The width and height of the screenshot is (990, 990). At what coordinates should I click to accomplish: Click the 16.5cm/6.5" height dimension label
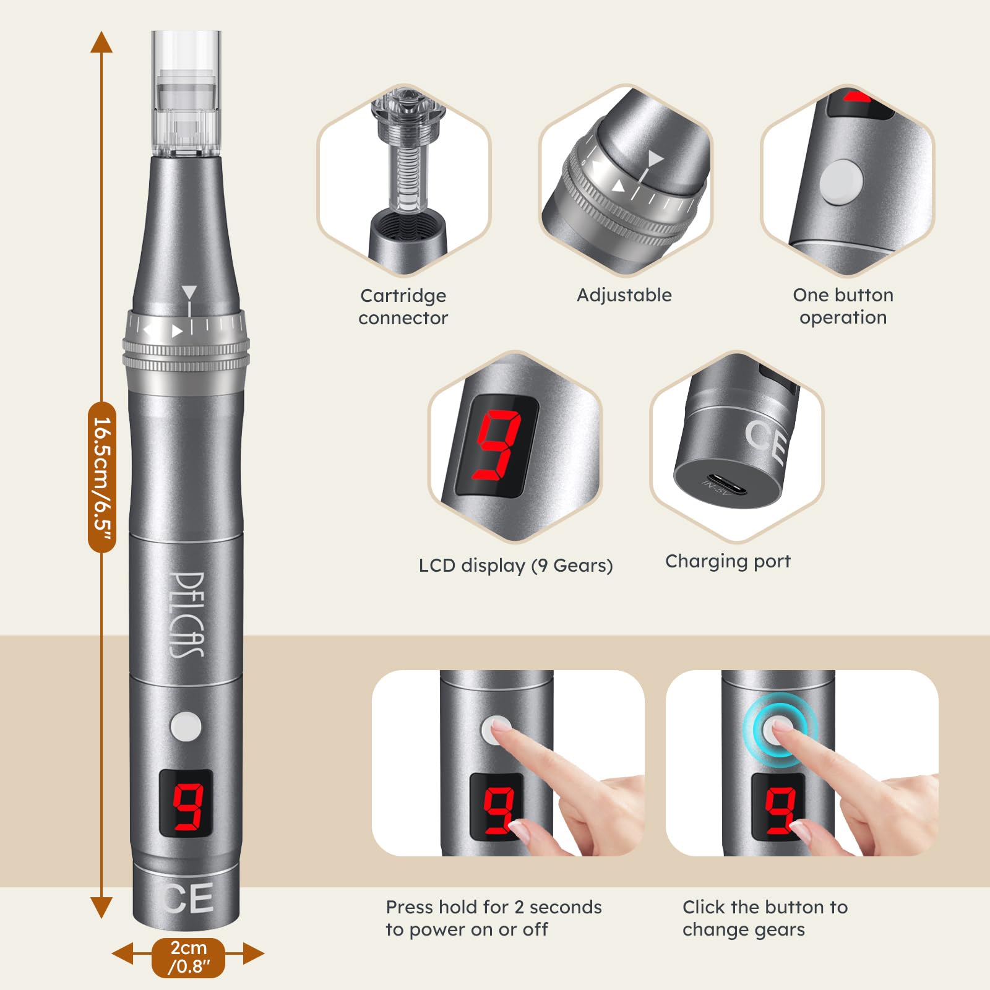click(x=102, y=476)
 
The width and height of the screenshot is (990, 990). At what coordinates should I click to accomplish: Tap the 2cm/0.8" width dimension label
click(x=189, y=957)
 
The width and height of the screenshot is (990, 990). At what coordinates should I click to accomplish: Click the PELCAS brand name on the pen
click(x=186, y=614)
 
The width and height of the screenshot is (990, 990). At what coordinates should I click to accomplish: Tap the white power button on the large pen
click(x=186, y=726)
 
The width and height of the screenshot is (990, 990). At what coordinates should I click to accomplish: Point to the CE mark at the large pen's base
click(x=188, y=898)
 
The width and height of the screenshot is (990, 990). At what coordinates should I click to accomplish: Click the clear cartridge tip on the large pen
click(x=186, y=93)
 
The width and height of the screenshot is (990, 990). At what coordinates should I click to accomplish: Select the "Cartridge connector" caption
click(x=403, y=306)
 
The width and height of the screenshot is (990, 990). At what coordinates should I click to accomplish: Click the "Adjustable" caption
click(x=624, y=295)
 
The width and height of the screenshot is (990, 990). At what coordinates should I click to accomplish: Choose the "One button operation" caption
click(x=843, y=306)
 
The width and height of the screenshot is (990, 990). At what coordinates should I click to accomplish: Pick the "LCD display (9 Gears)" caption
click(x=515, y=566)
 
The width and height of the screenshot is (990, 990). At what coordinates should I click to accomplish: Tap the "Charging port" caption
click(x=728, y=561)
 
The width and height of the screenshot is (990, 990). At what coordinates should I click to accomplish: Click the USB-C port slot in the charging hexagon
click(x=724, y=485)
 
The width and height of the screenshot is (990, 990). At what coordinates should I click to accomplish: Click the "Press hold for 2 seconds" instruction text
click(x=494, y=907)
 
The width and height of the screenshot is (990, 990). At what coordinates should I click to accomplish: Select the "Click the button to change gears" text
click(x=765, y=918)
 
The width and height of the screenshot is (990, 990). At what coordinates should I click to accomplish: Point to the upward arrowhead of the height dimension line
click(x=101, y=41)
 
